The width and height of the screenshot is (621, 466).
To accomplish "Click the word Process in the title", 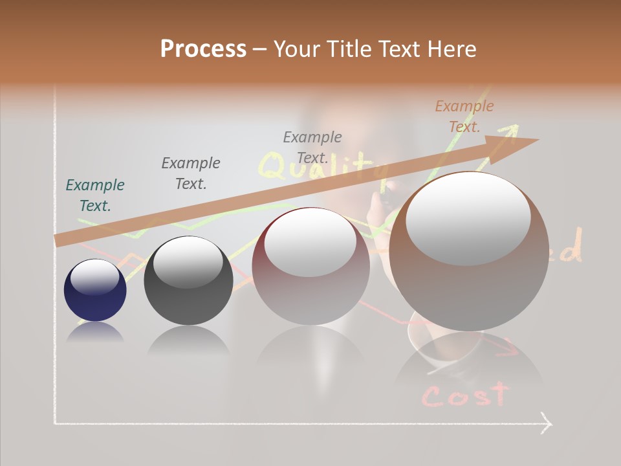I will pyautogui.click(x=203, y=49).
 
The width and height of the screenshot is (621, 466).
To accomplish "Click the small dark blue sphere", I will pyautogui.click(x=95, y=291).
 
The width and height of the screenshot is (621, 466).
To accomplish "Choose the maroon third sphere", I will pyautogui.click(x=311, y=266).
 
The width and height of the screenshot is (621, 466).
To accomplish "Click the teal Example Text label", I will pyautogui.click(x=95, y=195).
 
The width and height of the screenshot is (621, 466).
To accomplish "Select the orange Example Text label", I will pyautogui.click(x=464, y=116).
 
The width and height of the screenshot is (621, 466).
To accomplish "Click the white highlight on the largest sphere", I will pyautogui.click(x=468, y=220).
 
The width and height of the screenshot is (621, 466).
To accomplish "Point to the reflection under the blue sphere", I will pyautogui.click(x=95, y=332).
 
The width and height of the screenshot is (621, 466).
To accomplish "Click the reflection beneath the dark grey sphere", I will pyautogui.click(x=188, y=340).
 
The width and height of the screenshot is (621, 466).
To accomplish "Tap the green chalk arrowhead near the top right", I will pyautogui.click(x=512, y=129).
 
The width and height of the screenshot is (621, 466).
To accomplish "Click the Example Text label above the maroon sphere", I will pyautogui.click(x=312, y=147).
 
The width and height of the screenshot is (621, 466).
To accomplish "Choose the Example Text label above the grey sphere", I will pyautogui.click(x=191, y=173).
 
